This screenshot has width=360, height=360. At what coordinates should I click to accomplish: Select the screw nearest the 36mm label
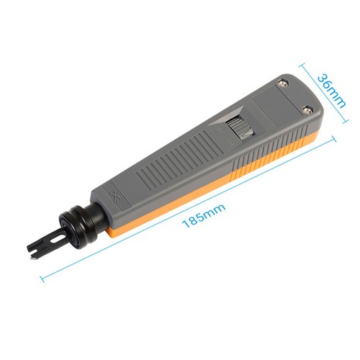pyautogui.click(x=307, y=110)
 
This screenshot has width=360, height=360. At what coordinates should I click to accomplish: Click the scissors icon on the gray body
pyautogui.click(x=117, y=194)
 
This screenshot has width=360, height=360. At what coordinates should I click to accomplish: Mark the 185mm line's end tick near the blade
pyautogui.click(x=40, y=277)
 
